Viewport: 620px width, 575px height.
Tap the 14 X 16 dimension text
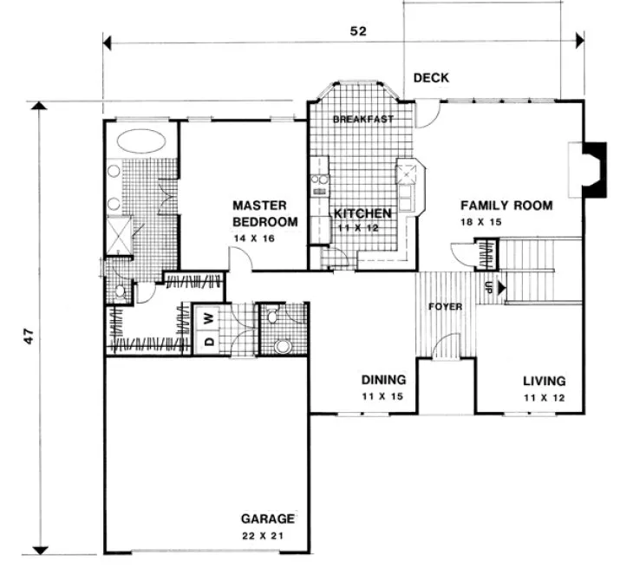(252, 238)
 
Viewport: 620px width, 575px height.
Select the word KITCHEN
(362, 213)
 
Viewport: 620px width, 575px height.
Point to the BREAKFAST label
(363, 119)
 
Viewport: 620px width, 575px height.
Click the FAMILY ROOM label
(506, 206)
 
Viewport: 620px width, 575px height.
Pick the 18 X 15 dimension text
(482, 222)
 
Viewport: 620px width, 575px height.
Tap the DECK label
(430, 78)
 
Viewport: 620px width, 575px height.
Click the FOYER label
(445, 307)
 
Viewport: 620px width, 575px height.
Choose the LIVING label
(544, 380)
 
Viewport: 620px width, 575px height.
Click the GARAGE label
(268, 519)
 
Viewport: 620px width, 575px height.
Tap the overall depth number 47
(29, 337)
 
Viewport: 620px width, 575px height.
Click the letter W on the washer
(209, 318)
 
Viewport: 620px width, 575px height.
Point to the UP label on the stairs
(488, 287)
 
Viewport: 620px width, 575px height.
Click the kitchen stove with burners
(317, 183)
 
